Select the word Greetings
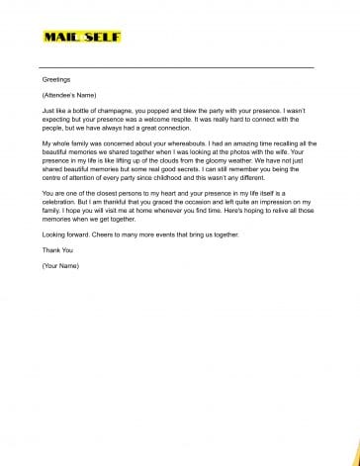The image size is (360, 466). [56, 77]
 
